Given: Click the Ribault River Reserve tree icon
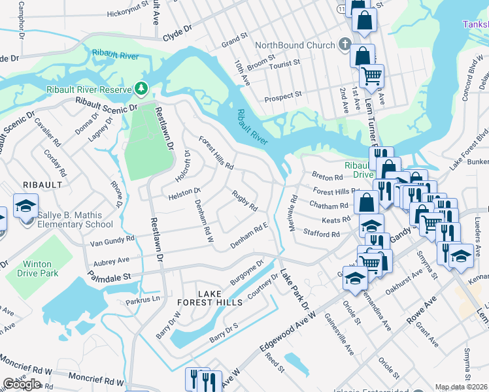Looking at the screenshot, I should (140, 88).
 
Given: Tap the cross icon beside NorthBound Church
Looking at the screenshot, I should (345, 44).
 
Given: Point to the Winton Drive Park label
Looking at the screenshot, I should (29, 268).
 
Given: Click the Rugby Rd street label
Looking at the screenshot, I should (244, 201).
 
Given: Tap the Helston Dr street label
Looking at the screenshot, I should (184, 193).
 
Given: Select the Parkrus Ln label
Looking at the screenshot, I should (143, 300).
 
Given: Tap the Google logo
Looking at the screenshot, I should (22, 384).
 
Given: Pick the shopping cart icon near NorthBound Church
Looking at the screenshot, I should (371, 75).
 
